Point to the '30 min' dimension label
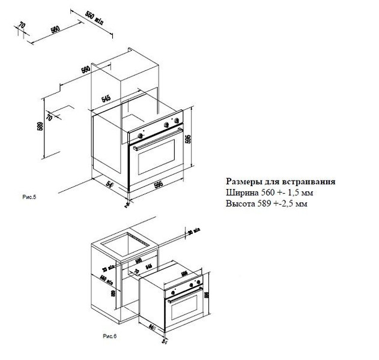pos(194,233)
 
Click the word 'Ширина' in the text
pos(242,193)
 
